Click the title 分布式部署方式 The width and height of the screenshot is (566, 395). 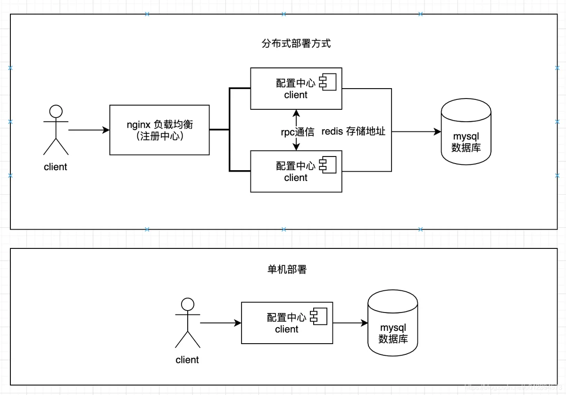coord(296,43)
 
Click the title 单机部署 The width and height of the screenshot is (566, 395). coord(287,270)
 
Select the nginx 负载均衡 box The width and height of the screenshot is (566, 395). coord(159,130)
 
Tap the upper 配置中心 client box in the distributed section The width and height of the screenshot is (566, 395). coord(296,89)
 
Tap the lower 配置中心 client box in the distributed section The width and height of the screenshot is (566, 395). coord(296,171)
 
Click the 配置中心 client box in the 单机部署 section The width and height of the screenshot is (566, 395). coord(287,323)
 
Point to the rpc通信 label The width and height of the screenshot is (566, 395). coord(298,132)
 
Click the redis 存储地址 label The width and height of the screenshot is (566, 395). coord(353,132)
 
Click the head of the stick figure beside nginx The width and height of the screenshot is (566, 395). coord(56,111)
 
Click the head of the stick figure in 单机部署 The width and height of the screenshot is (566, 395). coord(188,304)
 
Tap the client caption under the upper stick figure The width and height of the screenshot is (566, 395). coord(56,167)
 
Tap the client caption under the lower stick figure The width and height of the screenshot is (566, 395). coord(187,360)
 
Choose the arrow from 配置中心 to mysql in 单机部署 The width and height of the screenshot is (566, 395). coord(350,323)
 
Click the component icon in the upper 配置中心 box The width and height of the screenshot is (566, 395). coord(328,82)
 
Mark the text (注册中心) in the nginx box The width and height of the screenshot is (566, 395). coord(160,137)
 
